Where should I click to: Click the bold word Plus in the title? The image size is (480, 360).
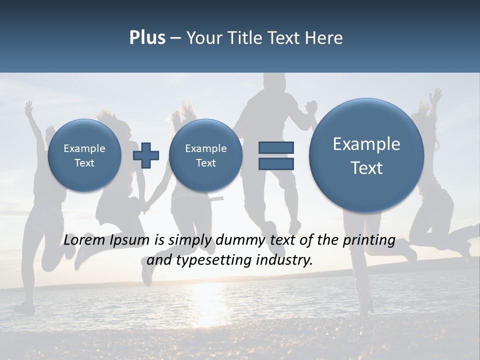click(147, 38)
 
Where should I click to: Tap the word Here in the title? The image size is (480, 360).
click(323, 38)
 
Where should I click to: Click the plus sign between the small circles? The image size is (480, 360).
click(146, 155)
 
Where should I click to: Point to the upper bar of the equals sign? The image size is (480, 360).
click(276, 147)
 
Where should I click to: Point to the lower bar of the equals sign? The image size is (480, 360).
click(276, 163)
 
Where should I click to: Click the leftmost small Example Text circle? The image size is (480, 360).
click(84, 155)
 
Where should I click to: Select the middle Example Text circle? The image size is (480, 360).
click(205, 155)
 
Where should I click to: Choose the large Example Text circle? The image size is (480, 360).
click(366, 155)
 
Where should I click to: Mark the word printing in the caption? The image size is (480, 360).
click(369, 240)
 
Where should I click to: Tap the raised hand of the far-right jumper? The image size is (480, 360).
click(436, 95)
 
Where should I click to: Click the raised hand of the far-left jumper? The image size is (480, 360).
click(29, 107)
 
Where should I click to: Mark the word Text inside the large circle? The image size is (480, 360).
click(366, 168)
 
